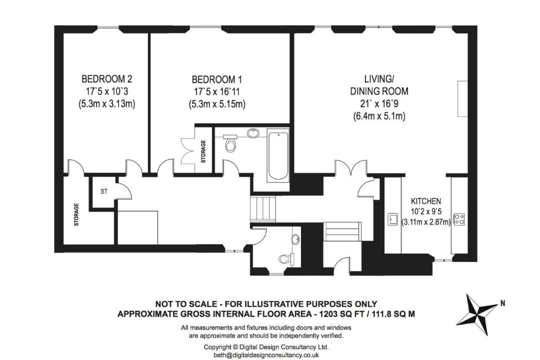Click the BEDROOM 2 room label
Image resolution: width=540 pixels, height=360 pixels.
[107, 79]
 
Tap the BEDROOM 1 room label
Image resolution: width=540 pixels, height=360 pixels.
[216, 80]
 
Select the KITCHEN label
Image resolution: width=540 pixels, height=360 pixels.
[426, 201]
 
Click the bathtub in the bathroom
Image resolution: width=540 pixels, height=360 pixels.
[278, 155]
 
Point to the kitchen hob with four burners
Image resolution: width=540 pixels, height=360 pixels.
[459, 219]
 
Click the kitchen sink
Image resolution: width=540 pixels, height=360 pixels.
[393, 219]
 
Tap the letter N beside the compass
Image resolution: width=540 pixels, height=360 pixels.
[503, 303]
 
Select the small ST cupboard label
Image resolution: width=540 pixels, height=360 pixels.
[104, 191]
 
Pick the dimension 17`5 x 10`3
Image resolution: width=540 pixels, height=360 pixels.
[107, 91]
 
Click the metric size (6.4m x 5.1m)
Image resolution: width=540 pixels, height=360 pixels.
[379, 116]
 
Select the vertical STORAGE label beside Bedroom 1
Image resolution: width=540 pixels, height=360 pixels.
[203, 151]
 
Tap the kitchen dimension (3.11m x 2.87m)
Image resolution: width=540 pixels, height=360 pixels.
[426, 222]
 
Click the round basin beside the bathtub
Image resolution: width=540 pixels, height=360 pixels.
[253, 132]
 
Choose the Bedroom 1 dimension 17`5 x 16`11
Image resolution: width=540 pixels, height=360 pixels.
[216, 92]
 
